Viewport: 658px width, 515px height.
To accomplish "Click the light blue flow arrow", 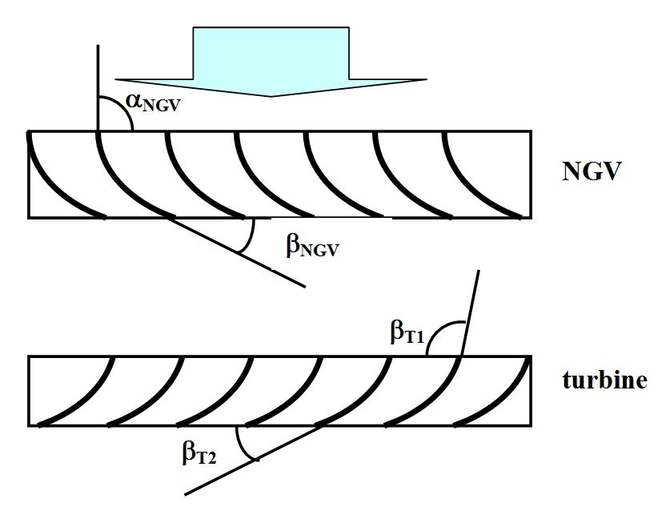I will (271, 60).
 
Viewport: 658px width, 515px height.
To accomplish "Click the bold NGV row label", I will (592, 171).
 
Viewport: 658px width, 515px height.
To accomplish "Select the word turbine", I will (604, 380).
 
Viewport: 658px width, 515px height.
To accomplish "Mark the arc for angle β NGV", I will (252, 235).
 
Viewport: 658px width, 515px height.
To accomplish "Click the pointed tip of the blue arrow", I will (272, 95).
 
